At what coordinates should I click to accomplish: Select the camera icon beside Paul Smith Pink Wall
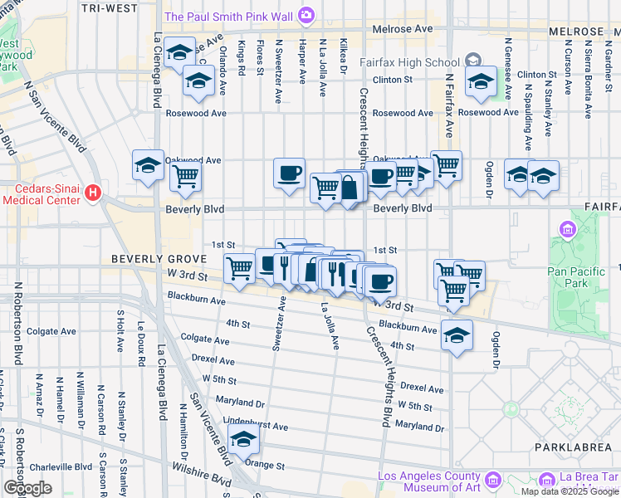click(x=306, y=15)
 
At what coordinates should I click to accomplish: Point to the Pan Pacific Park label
click(x=572, y=276)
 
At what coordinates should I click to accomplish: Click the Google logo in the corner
click(x=27, y=488)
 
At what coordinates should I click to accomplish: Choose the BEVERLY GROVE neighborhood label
click(x=146, y=259)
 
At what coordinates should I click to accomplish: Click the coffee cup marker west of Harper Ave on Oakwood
click(x=289, y=173)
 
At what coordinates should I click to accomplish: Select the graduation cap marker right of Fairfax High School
click(x=480, y=81)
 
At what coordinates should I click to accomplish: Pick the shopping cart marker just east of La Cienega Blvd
click(x=186, y=176)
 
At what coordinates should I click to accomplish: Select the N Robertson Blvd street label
click(x=16, y=324)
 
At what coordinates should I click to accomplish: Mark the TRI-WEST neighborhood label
click(x=110, y=7)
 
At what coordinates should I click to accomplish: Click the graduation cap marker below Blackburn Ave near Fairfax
click(x=457, y=334)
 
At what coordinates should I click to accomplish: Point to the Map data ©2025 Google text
click(x=570, y=491)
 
